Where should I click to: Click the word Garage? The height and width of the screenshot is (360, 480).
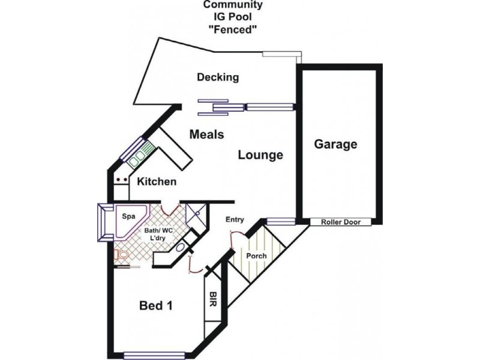[336, 145]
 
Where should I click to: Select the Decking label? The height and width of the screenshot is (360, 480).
[218, 77]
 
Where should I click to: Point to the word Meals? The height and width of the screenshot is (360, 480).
[206, 134]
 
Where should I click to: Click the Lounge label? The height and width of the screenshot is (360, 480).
[260, 155]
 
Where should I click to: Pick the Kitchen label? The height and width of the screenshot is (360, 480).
[157, 181]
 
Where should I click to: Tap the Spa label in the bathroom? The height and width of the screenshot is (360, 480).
[128, 215]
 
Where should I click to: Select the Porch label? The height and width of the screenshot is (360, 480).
[257, 256]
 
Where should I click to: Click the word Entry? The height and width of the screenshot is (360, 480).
[235, 220]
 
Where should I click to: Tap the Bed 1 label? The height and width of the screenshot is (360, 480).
[156, 306]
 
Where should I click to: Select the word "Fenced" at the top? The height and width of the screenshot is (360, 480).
[233, 31]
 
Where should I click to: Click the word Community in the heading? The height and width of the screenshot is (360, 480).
[233, 5]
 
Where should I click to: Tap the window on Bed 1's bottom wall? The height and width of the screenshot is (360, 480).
[154, 354]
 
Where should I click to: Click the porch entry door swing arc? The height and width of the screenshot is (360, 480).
[237, 240]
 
